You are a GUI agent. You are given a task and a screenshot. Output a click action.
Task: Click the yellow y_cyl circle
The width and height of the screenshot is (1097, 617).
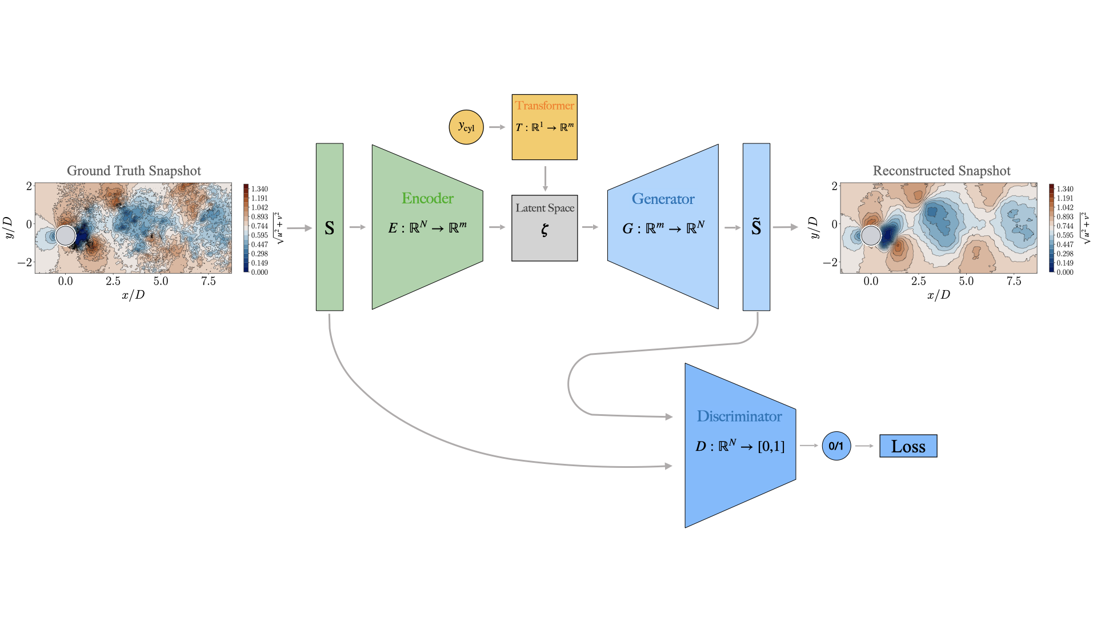(466, 127)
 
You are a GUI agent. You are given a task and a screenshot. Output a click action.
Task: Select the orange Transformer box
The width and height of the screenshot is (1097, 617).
(545, 127)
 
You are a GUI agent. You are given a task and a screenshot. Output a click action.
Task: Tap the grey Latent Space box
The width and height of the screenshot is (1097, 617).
(545, 228)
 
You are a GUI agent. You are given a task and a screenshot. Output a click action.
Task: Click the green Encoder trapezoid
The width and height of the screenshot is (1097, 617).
(427, 227)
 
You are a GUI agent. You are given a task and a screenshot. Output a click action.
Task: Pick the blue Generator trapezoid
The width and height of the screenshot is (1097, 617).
(663, 227)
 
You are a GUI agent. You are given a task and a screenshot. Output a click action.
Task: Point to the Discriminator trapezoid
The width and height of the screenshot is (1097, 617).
(740, 445)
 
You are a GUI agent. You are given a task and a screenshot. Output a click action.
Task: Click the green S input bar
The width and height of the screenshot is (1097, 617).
(330, 227)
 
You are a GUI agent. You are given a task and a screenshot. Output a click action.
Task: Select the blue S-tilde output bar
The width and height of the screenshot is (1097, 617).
(756, 227)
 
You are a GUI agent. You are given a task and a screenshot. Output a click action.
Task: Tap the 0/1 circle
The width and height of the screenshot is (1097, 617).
(836, 446)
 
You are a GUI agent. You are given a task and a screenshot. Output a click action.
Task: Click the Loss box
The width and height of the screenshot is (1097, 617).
(908, 446)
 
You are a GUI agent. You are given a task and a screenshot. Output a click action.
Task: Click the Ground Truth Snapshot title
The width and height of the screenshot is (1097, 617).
(134, 171)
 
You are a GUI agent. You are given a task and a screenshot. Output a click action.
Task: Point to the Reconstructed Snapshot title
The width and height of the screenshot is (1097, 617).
(941, 171)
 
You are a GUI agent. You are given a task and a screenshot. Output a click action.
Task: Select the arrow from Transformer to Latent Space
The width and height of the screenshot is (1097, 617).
(545, 178)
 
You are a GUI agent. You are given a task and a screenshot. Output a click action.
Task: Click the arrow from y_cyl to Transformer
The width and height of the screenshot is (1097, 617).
(497, 127)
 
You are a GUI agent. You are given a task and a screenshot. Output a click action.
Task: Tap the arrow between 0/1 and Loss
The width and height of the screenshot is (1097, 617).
(864, 446)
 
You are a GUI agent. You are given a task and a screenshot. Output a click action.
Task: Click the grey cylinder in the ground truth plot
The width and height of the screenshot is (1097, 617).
(66, 235)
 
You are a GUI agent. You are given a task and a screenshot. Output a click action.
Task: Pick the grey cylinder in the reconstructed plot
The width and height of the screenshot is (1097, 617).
(871, 235)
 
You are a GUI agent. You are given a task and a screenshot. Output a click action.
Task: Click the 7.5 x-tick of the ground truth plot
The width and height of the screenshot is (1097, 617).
(208, 281)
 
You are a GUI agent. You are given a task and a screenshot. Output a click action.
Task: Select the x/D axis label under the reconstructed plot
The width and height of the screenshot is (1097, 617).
(938, 295)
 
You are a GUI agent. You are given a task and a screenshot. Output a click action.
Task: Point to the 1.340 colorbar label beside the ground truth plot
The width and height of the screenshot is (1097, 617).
(259, 189)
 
